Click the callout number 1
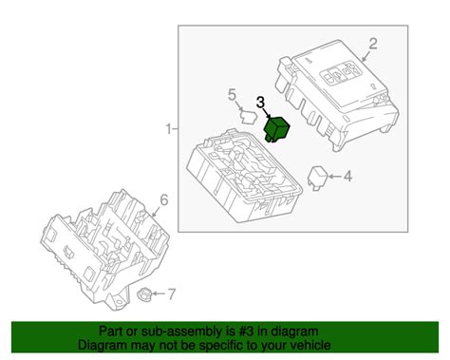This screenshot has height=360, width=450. click(168, 128)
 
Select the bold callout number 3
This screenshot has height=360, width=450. click(259, 102)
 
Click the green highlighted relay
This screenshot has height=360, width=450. click(280, 128)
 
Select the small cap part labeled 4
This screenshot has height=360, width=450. click(319, 175)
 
